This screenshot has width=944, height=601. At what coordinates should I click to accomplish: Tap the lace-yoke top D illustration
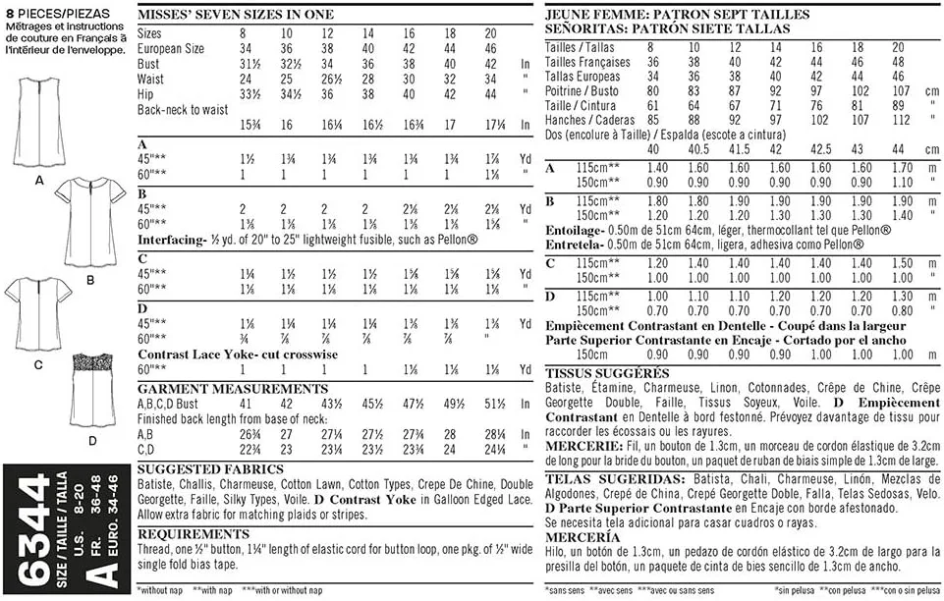tap(104, 388)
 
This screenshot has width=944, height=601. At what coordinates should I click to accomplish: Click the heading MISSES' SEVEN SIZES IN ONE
tap(236, 15)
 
